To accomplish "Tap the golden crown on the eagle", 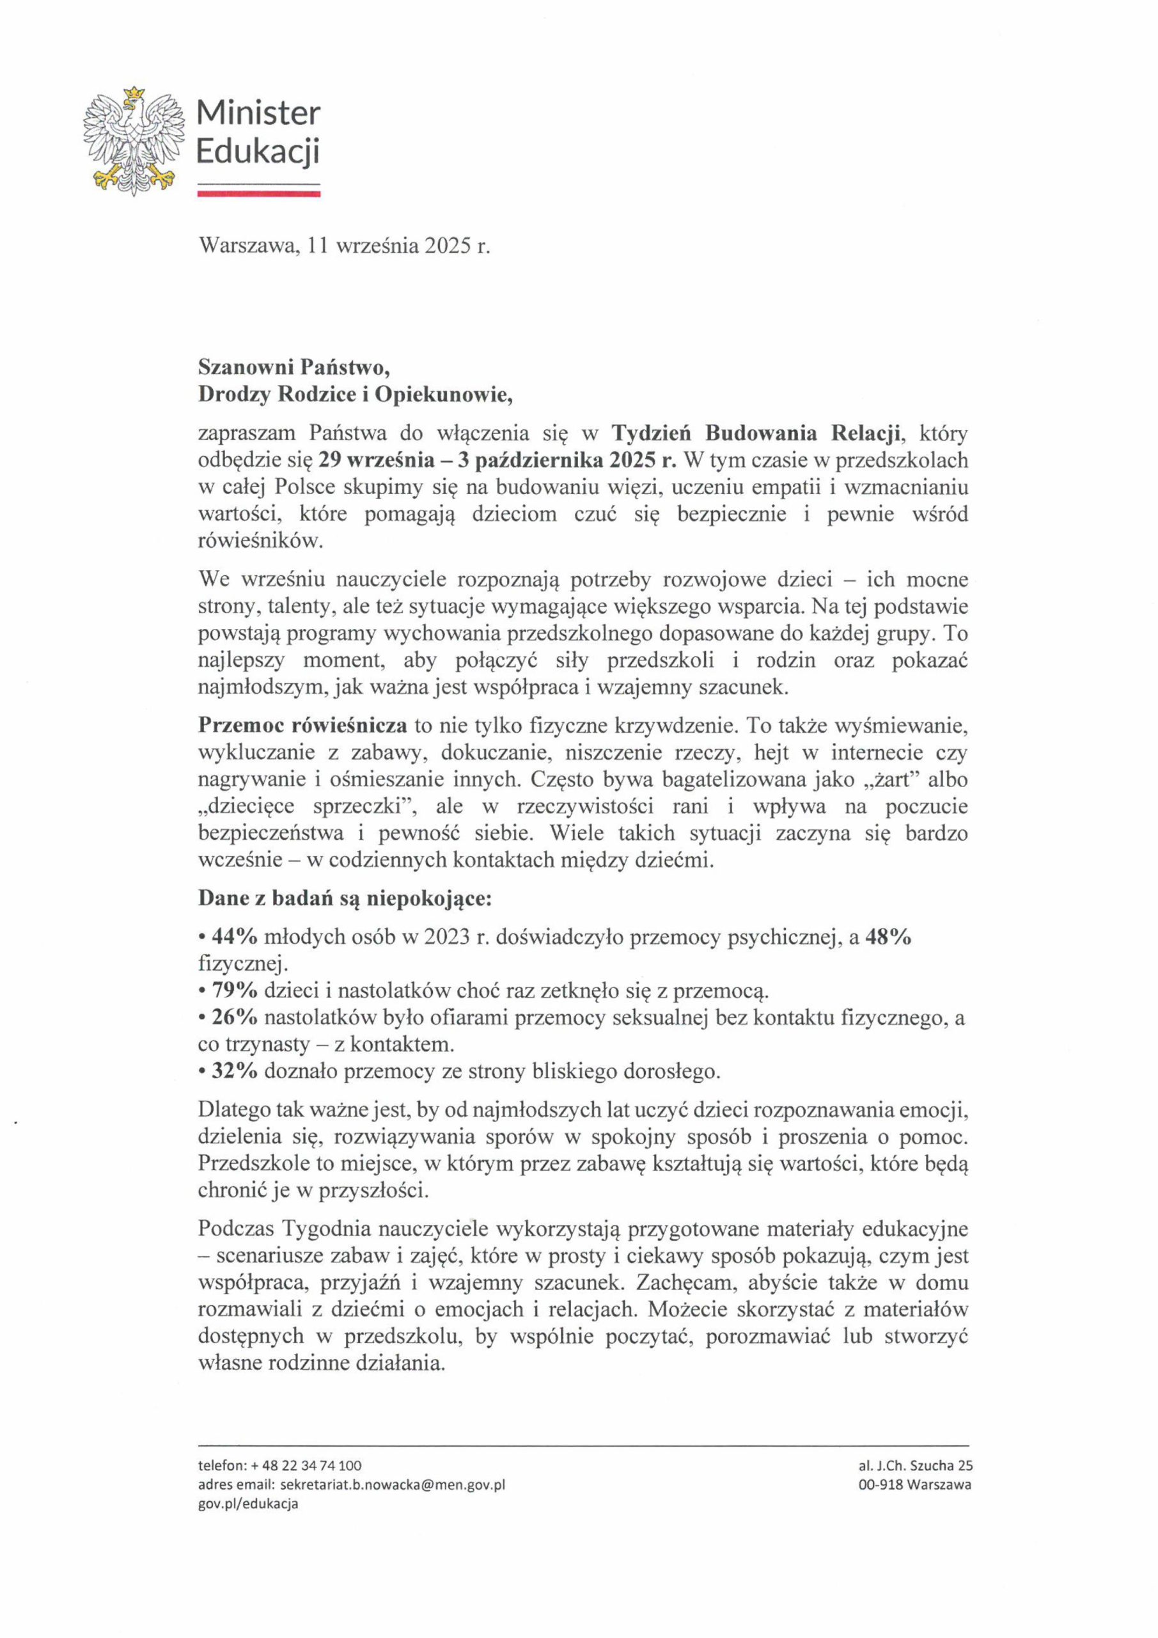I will click(134, 93).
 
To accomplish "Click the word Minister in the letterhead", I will click(258, 113).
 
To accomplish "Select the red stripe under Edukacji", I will click(258, 193).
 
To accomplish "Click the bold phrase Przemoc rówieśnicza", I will click(302, 726).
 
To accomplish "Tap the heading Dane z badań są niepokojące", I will click(345, 899).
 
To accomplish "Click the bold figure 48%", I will click(888, 937).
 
